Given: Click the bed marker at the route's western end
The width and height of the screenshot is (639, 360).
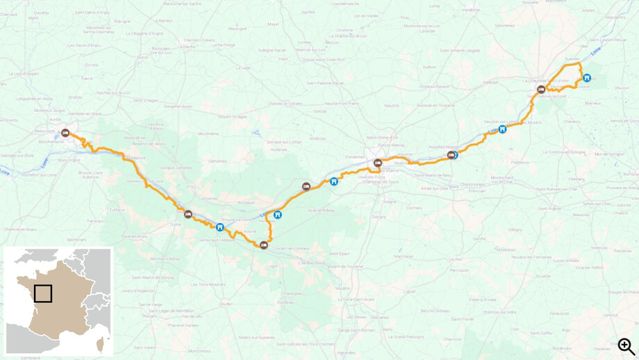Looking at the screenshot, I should (65, 132).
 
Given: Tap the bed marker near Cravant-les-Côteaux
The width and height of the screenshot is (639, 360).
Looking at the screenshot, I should (264, 245).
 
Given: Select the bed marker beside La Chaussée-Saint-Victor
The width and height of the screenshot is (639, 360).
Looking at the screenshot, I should (541, 89).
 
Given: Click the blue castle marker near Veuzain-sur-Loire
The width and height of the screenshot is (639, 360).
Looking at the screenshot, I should (502, 129).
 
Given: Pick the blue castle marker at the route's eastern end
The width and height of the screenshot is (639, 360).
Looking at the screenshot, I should (587, 78).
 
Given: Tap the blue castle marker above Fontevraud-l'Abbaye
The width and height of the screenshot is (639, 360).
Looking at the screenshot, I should (220, 227).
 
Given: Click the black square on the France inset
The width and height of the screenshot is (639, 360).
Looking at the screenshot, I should (43, 293).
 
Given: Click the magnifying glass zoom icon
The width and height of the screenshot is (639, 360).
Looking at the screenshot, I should (626, 346).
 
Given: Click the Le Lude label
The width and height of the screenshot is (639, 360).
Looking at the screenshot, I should (244, 68).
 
